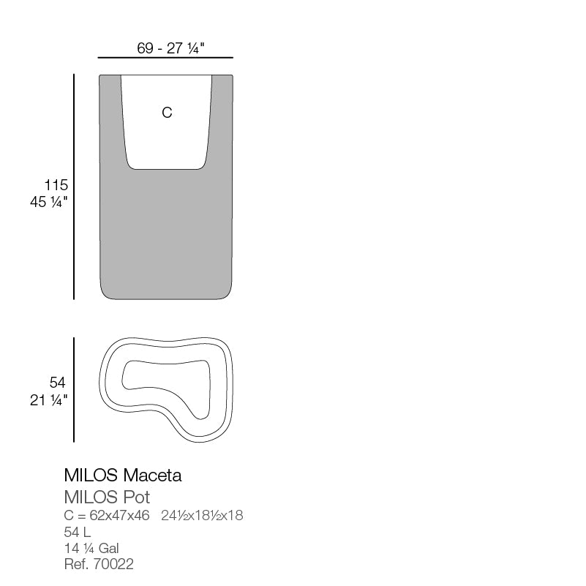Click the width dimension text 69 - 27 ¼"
[x=170, y=48]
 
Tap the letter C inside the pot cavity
[x=167, y=113]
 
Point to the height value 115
[x=56, y=185]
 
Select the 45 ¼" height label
[x=49, y=203]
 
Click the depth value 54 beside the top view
[x=58, y=383]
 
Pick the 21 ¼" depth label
[x=49, y=400]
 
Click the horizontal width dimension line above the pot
[x=165, y=57]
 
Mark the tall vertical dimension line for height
[x=74, y=187]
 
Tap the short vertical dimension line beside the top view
[x=74, y=389]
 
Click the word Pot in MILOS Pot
[x=137, y=498]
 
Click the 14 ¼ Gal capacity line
[x=91, y=548]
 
